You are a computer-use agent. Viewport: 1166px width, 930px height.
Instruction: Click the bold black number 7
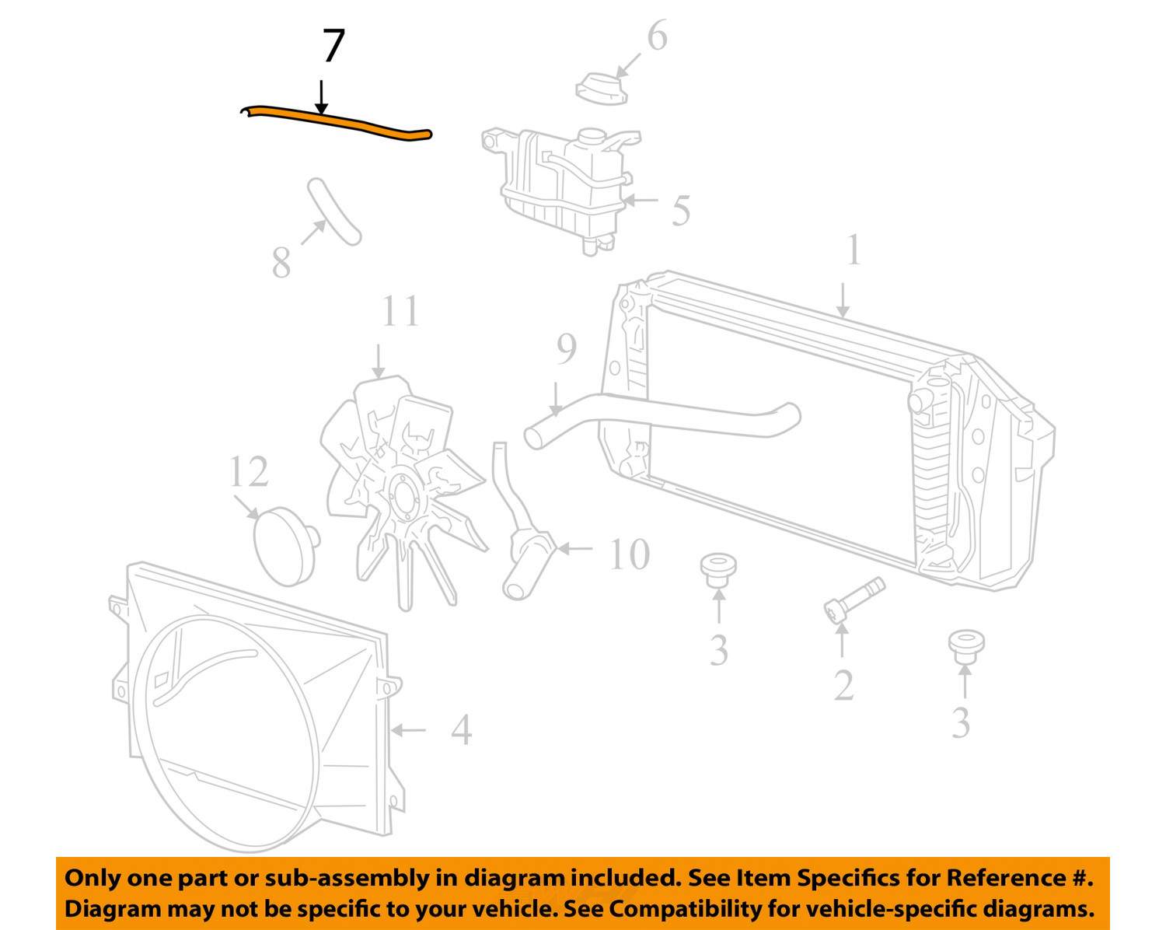tap(333, 46)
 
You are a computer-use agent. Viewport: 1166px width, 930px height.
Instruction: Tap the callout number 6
tap(657, 37)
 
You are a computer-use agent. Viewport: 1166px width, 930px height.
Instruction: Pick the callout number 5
tap(681, 210)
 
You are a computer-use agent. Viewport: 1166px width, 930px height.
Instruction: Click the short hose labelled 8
tap(334, 212)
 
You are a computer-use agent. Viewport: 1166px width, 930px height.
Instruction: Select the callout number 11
tap(400, 311)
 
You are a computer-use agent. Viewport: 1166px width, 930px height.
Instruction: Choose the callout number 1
tap(854, 250)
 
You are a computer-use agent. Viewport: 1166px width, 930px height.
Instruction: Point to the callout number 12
tap(249, 471)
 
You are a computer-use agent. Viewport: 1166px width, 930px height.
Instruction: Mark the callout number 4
tap(461, 729)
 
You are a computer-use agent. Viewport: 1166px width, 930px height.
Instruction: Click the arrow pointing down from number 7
tap(322, 97)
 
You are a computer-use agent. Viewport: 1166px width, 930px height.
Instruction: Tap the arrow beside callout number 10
tap(575, 549)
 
